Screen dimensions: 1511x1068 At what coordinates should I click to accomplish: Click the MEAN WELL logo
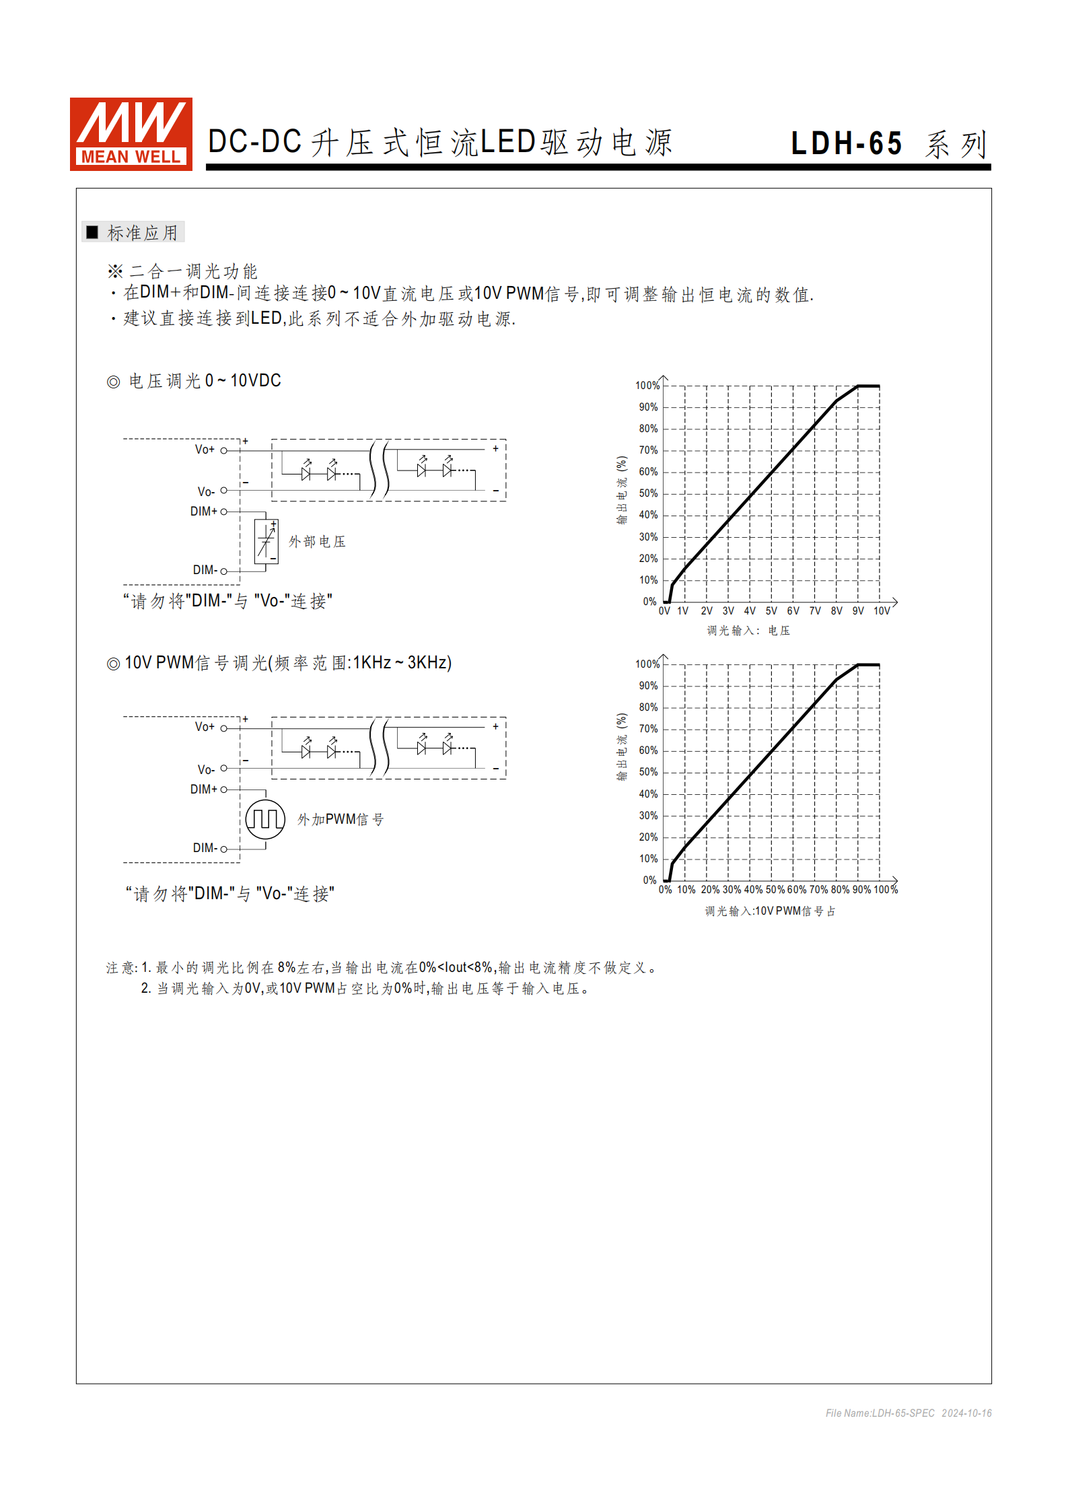click(131, 134)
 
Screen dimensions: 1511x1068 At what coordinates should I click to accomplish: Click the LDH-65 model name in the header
click(846, 143)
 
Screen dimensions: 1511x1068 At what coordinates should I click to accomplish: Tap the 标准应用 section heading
click(142, 233)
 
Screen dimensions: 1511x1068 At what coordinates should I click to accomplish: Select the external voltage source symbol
click(266, 541)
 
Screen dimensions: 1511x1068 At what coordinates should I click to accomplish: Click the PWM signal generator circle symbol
click(265, 819)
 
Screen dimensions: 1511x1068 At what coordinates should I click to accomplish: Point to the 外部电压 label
click(317, 542)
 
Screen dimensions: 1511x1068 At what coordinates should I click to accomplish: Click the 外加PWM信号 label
click(341, 820)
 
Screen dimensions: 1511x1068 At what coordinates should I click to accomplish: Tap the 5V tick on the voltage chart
click(771, 611)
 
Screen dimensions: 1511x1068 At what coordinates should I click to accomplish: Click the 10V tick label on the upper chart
click(882, 611)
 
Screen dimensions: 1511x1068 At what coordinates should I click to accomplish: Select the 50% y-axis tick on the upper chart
click(648, 493)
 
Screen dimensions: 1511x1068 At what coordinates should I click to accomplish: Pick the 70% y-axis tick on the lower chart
click(648, 729)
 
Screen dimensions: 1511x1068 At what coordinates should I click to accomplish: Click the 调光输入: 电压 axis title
click(748, 631)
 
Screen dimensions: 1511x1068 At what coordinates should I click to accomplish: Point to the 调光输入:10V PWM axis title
click(770, 911)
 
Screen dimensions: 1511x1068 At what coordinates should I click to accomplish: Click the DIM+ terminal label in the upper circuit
click(204, 512)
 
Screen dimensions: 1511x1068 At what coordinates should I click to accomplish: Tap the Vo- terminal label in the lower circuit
click(206, 769)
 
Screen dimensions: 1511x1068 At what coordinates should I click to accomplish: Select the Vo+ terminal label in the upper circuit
click(205, 450)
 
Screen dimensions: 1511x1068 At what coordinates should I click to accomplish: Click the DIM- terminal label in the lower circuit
click(205, 848)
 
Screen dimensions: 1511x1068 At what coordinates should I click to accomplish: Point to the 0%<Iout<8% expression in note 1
click(456, 968)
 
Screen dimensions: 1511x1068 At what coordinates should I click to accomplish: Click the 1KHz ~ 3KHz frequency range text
click(401, 663)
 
